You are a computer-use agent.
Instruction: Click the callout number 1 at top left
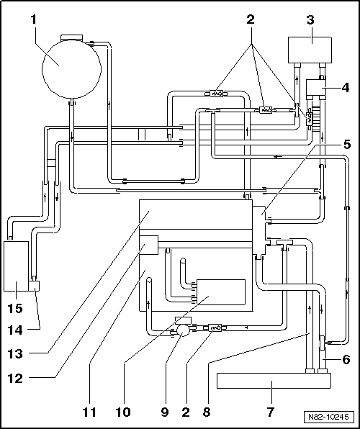coord(33,19)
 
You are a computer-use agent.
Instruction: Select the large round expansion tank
coord(71,68)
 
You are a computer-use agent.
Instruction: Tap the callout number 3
coord(310,19)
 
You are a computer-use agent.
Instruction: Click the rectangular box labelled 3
coord(310,50)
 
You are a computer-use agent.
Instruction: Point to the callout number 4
coord(345,88)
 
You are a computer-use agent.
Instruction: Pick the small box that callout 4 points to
coord(316,88)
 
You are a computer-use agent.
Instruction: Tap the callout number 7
coord(271,412)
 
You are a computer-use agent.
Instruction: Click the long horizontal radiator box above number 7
coord(274,381)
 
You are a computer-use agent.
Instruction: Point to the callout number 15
coord(15,308)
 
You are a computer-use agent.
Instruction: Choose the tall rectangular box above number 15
coord(16,266)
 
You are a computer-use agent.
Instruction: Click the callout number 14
coord(15,330)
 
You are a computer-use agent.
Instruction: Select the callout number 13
coord(15,354)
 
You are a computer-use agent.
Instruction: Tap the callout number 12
coord(15,379)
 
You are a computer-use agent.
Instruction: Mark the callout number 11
coord(89,412)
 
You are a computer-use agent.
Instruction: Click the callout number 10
coord(123,412)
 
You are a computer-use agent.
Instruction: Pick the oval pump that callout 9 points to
coord(183,330)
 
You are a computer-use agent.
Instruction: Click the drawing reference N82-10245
coord(328,417)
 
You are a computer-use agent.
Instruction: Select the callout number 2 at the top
coord(251,19)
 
